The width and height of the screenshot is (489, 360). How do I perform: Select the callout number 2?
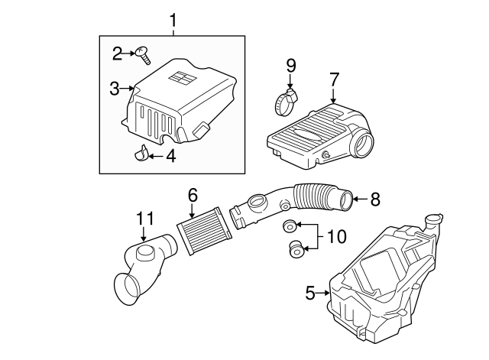click(x=117, y=53)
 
